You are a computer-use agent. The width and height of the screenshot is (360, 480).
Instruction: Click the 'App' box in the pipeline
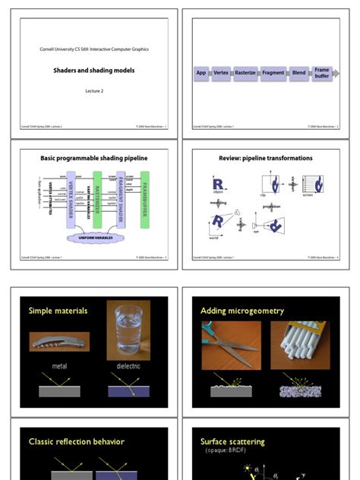tap(201, 73)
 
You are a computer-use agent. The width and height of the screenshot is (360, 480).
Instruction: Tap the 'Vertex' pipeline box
tap(221, 73)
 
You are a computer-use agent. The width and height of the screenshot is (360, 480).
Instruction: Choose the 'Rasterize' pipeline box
tap(245, 73)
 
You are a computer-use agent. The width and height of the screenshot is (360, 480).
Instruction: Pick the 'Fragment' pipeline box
tap(273, 73)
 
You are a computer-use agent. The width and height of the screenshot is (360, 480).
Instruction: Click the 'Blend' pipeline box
tap(298, 73)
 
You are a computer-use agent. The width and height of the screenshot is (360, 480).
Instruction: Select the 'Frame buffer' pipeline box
tap(322, 73)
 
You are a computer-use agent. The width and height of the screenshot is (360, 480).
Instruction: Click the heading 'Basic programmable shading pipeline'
tap(94, 159)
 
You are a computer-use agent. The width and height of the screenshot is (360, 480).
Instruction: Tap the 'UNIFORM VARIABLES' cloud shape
tap(94, 238)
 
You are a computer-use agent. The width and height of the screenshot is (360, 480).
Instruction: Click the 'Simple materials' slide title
tap(58, 311)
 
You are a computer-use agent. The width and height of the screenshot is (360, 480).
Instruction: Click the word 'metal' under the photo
tap(59, 366)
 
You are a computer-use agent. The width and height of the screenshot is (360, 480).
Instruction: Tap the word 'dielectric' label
tap(128, 366)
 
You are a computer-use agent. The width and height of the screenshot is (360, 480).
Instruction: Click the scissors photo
tap(231, 345)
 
